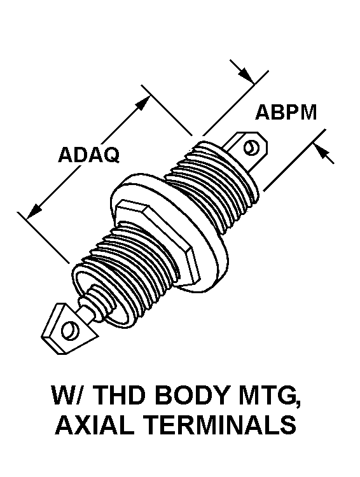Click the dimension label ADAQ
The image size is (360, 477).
(x=88, y=155)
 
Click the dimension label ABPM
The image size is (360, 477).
(x=286, y=112)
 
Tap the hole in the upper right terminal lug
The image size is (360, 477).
(x=252, y=148)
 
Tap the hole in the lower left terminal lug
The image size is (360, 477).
(x=70, y=330)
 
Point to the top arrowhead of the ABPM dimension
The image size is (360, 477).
(x=247, y=76)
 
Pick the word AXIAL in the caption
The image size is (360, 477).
(x=94, y=424)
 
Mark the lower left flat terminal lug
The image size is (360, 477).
(x=67, y=329)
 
